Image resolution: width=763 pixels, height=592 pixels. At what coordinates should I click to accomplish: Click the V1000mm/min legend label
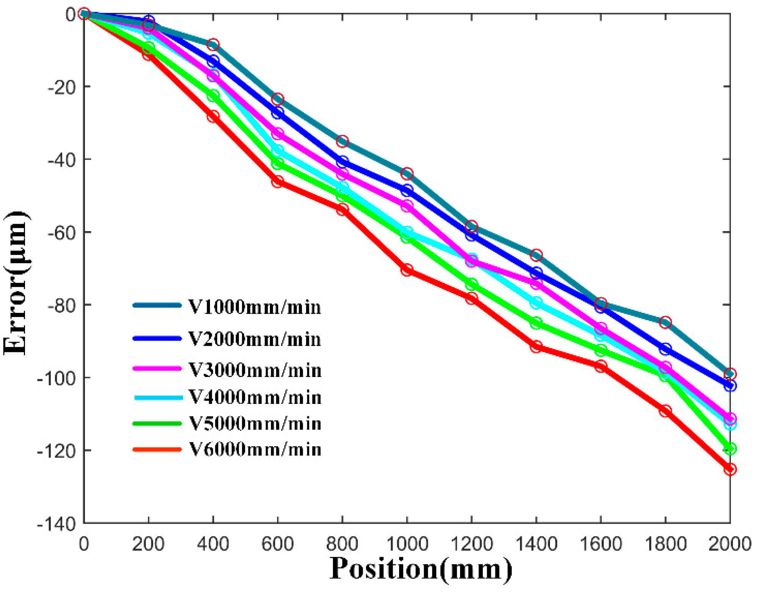click(254, 307)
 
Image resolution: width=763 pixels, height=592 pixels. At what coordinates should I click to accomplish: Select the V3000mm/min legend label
click(255, 370)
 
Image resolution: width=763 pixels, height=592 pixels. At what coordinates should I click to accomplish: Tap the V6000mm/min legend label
click(255, 449)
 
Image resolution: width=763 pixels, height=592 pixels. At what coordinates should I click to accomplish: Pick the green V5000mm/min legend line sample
click(157, 424)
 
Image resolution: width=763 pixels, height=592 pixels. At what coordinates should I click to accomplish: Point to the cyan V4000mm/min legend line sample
click(158, 398)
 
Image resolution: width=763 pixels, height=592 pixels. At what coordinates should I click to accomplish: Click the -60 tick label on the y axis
click(61, 232)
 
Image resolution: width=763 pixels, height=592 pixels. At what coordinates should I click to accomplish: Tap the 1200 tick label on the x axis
click(472, 545)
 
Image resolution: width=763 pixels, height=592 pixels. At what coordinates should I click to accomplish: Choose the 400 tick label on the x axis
click(213, 545)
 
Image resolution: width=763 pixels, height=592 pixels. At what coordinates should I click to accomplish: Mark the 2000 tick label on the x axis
click(730, 545)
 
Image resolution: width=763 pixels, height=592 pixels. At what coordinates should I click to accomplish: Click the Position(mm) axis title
click(421, 569)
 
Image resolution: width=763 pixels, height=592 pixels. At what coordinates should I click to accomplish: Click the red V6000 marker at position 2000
click(730, 470)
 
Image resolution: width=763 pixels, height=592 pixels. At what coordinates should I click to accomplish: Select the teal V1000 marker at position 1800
click(665, 323)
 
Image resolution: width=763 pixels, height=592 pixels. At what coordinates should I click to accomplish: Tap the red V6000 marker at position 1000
click(407, 270)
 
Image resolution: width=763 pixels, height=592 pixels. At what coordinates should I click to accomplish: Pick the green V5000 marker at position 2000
click(730, 449)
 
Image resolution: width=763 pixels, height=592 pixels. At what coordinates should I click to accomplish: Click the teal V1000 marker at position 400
click(213, 45)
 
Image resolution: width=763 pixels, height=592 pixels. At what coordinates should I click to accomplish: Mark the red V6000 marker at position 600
click(277, 182)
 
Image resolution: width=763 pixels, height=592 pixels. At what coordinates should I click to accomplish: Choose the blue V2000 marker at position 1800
click(665, 349)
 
